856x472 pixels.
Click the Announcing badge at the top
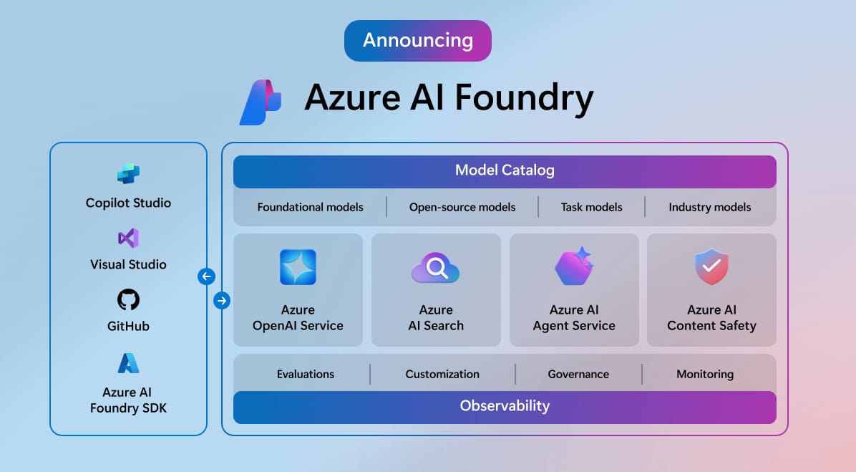coord(417,40)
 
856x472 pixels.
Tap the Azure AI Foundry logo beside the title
coord(261,102)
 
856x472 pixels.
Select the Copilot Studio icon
coord(128,174)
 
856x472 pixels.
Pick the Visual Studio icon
coord(128,238)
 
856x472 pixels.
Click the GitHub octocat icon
coord(128,299)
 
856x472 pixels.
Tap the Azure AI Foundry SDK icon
coord(128,363)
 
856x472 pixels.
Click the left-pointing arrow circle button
coord(206,276)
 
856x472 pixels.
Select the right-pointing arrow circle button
coord(222,301)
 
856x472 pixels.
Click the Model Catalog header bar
coord(505,171)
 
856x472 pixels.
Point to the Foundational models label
coord(310,207)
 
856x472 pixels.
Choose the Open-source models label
coord(462,207)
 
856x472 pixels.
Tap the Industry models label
coord(709,207)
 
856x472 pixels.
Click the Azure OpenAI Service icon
coord(298,267)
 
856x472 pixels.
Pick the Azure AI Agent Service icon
coord(573,266)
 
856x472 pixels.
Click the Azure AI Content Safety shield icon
coord(711,266)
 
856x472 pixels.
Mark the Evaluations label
coord(306,374)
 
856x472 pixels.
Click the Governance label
coord(578,374)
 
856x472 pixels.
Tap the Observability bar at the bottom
coord(505,406)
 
